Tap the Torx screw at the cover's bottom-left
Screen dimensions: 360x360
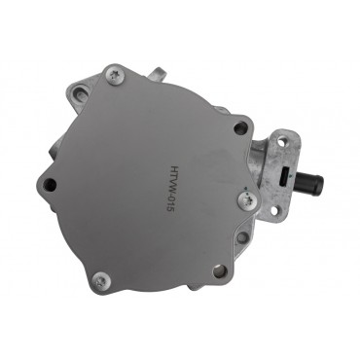click(100, 281)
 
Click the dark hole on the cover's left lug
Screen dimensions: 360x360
click(50, 184)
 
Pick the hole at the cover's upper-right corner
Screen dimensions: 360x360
click(239, 127)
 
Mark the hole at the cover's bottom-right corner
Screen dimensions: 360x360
click(219, 271)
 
